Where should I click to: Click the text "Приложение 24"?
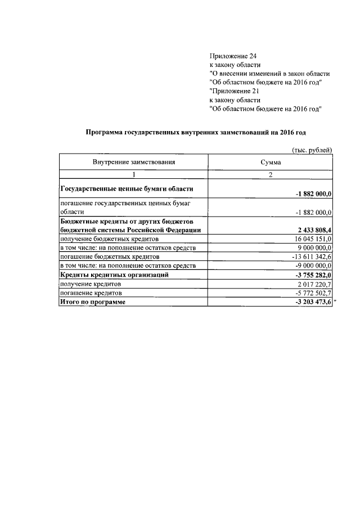click(232, 56)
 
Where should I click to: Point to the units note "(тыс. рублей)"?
click(312, 150)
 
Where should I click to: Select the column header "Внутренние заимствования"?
click(134, 162)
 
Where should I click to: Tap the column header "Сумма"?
click(271, 162)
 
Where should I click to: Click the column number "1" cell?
click(134, 175)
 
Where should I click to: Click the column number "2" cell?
click(271, 175)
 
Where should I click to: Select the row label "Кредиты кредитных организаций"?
click(115, 275)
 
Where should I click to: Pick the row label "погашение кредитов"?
click(90, 293)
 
